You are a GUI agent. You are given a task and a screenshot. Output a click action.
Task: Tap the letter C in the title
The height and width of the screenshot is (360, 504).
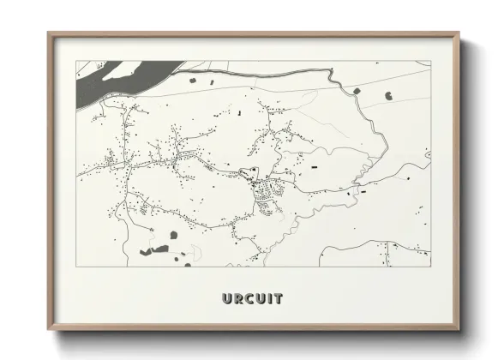pyautogui.click(x=253, y=299)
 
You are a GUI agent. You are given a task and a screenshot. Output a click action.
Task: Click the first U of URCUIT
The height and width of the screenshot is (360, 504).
pyautogui.click(x=228, y=299)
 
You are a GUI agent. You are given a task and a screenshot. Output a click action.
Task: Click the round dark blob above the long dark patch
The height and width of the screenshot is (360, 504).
pyautogui.click(x=173, y=234)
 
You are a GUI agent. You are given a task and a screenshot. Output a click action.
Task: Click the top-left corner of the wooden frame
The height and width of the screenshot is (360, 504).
pyautogui.click(x=49, y=34)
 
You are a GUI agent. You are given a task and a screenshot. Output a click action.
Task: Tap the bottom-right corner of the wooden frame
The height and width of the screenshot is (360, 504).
pyautogui.click(x=459, y=329)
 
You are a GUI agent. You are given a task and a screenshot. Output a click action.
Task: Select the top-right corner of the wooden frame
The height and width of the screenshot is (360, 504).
pyautogui.click(x=459, y=34)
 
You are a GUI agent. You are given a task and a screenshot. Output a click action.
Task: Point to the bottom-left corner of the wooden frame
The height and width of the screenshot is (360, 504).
pyautogui.click(x=49, y=329)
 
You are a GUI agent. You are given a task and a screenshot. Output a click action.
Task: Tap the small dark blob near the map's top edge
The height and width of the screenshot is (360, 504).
pyautogui.click(x=192, y=80)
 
